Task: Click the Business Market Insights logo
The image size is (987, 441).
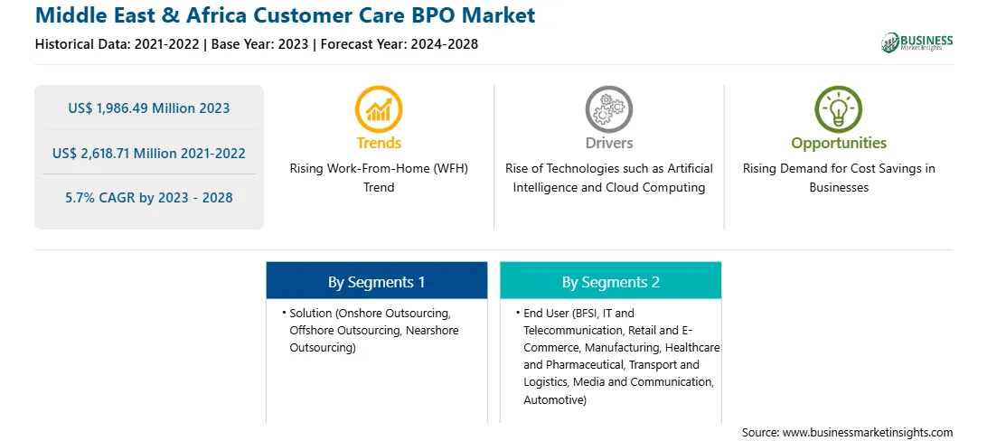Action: (916, 42)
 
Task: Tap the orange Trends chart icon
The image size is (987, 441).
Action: (379, 109)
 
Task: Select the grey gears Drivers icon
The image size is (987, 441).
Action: (608, 109)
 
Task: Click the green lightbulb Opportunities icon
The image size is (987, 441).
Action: (839, 109)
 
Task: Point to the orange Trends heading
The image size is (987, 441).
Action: (379, 143)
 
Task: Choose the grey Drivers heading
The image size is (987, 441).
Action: (608, 143)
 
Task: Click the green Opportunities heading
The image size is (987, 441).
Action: (839, 144)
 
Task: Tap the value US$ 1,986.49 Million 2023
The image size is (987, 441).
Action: (148, 108)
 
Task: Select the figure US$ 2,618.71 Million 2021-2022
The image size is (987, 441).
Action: (148, 153)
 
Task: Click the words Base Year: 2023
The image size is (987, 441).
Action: (260, 44)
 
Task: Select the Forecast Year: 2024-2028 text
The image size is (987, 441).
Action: (398, 44)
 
